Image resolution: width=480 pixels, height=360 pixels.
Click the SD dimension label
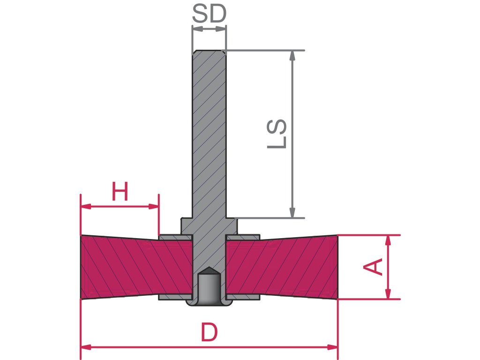209,15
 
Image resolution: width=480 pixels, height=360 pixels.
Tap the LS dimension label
277,134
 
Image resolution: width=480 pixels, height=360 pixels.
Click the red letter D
209,333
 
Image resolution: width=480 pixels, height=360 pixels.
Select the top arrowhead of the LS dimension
293,55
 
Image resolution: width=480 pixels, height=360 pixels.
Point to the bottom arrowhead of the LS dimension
293,213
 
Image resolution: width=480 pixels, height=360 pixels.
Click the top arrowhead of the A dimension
388,240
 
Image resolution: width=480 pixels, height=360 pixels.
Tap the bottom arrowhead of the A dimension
388,293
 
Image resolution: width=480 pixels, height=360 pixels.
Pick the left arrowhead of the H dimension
85,206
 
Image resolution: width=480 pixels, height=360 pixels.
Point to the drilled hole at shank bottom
209,287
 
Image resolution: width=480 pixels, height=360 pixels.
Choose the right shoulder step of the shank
232,226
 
